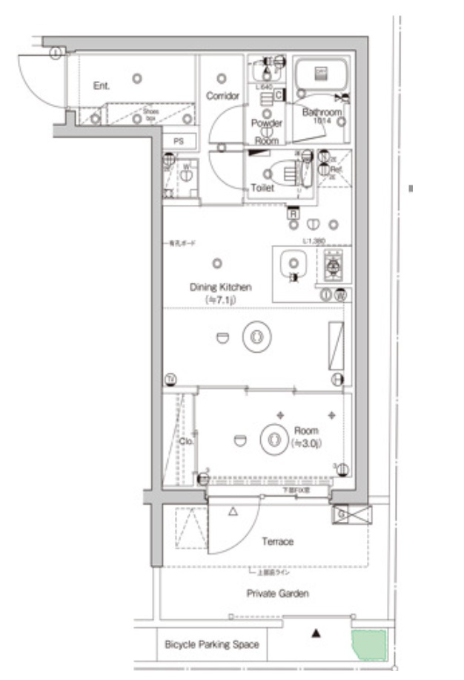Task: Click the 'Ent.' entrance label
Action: tap(102, 86)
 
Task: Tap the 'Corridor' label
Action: tap(222, 96)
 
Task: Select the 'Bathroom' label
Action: tap(322, 112)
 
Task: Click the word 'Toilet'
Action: tap(262, 189)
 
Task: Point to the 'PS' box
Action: tap(179, 140)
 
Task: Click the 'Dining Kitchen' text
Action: tap(221, 287)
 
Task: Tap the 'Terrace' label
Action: tap(277, 541)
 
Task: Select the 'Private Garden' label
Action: tap(278, 593)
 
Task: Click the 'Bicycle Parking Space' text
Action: tap(212, 644)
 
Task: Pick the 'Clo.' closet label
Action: tap(187, 441)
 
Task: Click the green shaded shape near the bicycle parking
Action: tap(369, 644)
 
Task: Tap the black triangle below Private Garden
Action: tap(316, 633)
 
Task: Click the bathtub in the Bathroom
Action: tap(321, 74)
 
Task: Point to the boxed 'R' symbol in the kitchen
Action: tap(294, 214)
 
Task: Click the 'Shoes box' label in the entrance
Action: tap(150, 114)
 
